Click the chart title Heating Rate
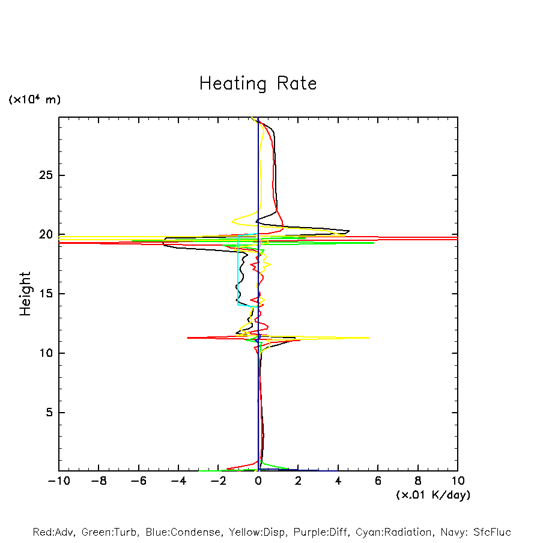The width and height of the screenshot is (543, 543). (258, 83)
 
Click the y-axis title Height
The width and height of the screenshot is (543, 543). (25, 294)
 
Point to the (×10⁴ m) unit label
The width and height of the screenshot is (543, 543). (34, 100)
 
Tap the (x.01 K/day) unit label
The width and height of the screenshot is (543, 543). (432, 495)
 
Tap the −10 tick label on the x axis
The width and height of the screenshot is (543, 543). (58, 481)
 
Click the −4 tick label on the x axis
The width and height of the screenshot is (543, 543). (178, 481)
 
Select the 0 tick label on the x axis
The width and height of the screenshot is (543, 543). (258, 481)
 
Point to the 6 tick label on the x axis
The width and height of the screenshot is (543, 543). (378, 481)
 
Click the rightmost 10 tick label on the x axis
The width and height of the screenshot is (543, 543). (458, 481)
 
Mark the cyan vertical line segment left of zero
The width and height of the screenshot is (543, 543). (238, 270)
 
